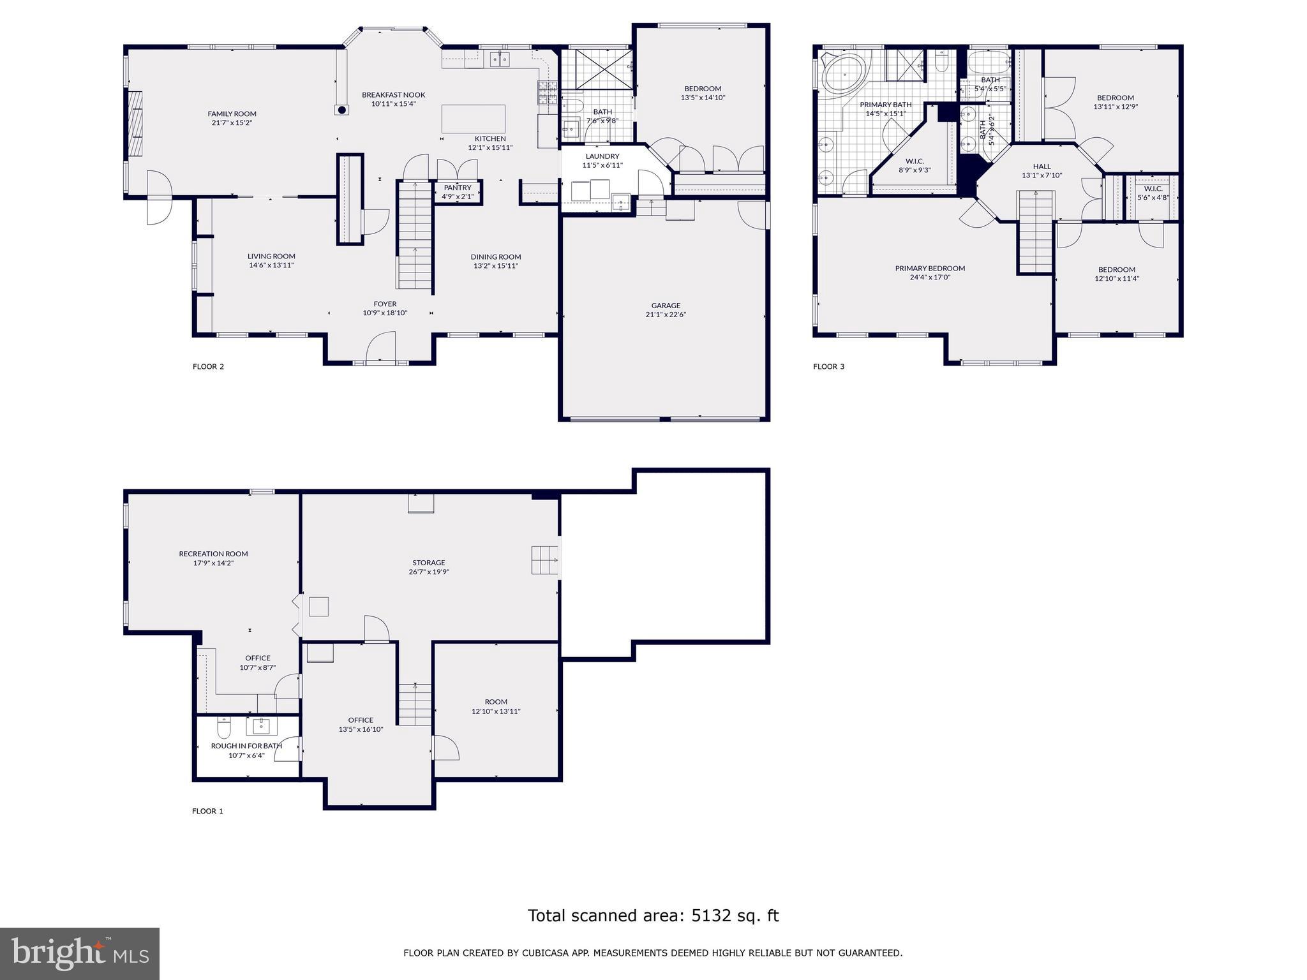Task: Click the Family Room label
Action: pos(232,114)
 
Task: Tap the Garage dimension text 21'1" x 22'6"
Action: pos(666,315)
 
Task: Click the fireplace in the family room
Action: pos(135,122)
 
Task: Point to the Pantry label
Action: pos(458,188)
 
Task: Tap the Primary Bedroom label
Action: pos(930,269)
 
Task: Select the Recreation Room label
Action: pos(213,554)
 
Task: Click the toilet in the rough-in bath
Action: pos(223,727)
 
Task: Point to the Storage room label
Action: pos(428,563)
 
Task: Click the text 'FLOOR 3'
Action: pos(828,367)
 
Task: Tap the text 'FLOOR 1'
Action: pos(207,812)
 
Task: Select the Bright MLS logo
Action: pos(80,954)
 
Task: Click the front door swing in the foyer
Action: pos(381,346)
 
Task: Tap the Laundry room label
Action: pos(602,156)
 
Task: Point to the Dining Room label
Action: pos(496,257)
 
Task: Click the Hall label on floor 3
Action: pos(1042,167)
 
